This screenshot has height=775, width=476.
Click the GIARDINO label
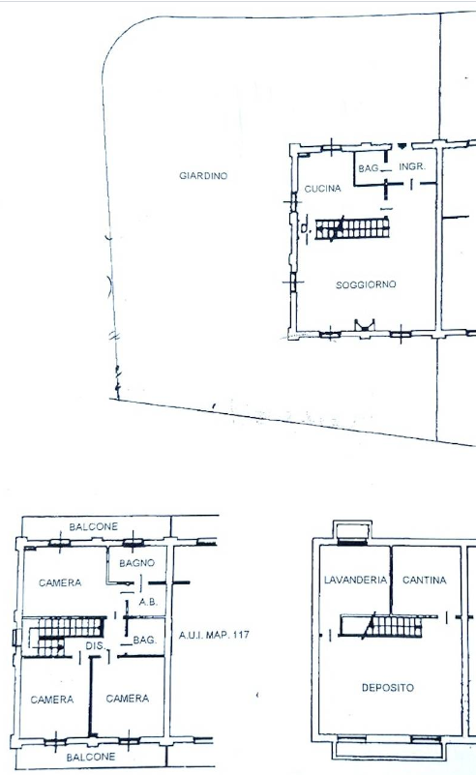203,175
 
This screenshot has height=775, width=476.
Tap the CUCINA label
323,189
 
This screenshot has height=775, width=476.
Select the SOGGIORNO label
366,284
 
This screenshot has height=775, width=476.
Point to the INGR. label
412,166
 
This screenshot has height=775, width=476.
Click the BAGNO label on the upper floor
137,562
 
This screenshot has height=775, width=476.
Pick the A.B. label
148,602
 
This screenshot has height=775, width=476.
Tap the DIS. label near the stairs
96,645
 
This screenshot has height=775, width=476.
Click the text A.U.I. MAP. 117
214,634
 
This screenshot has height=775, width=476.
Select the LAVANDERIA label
355,580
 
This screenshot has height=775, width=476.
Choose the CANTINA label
425,580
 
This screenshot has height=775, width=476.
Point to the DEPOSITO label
388,688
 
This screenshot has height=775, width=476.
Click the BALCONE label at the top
94,526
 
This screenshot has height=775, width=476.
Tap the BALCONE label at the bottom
91,757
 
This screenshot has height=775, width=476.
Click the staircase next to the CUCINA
352,229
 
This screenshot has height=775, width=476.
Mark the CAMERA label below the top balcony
60,582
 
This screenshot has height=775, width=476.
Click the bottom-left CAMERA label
52,700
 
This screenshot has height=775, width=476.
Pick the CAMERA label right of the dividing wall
128,699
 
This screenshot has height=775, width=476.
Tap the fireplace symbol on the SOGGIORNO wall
365,326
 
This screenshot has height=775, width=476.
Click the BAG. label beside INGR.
369,168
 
